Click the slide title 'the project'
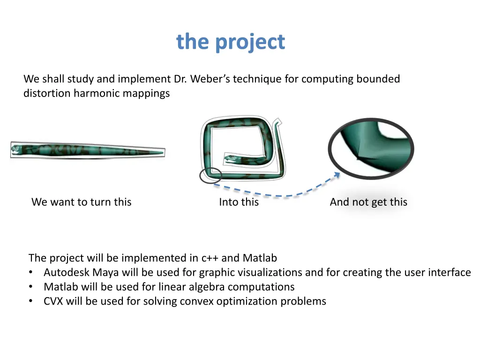[x=230, y=42]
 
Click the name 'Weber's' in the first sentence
[x=210, y=79]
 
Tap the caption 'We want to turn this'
[x=81, y=202]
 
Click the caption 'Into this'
[x=239, y=202]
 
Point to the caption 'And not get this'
[x=368, y=202]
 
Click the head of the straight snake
[x=17, y=150]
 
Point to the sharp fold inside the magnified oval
[x=359, y=157]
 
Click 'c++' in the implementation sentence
[x=210, y=258]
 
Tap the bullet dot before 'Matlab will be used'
[x=31, y=287]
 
